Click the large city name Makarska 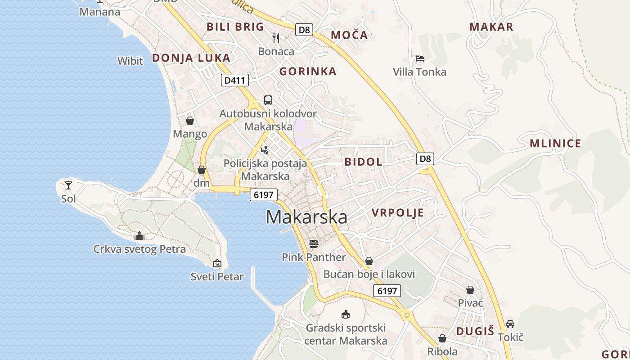click(x=306, y=217)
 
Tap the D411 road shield click(x=235, y=81)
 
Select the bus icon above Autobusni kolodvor click(x=268, y=100)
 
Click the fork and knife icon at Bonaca click(x=276, y=38)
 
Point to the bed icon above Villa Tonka click(x=419, y=58)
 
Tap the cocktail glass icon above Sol click(x=68, y=185)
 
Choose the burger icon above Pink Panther click(x=314, y=244)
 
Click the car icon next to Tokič click(x=510, y=324)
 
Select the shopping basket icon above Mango click(x=190, y=121)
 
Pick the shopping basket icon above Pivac click(x=470, y=290)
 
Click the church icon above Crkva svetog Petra click(x=139, y=236)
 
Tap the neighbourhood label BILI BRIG click(x=235, y=27)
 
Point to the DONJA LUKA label click(x=191, y=58)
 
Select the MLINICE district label click(x=555, y=144)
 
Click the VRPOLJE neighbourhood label click(x=398, y=213)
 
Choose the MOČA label click(x=349, y=35)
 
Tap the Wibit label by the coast click(x=130, y=61)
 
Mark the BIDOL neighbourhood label click(x=363, y=162)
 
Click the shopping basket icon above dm click(x=202, y=170)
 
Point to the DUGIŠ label click(x=475, y=331)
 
